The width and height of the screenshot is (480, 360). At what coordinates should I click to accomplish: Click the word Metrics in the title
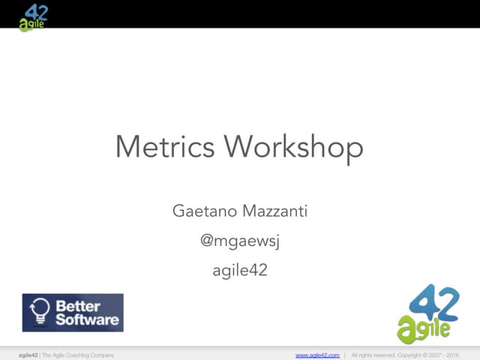pyautogui.click(x=166, y=146)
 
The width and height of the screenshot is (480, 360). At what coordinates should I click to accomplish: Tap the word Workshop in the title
pyautogui.click(x=294, y=146)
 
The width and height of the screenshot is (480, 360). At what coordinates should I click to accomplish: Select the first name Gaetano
pyautogui.click(x=204, y=211)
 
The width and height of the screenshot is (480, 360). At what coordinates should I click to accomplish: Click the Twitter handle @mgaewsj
pyautogui.click(x=239, y=241)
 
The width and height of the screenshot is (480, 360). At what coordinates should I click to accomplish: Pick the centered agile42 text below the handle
pyautogui.click(x=239, y=271)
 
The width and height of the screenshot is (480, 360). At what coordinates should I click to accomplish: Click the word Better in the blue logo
pyautogui.click(x=78, y=306)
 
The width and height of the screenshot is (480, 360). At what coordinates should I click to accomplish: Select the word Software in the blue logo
pyautogui.click(x=87, y=319)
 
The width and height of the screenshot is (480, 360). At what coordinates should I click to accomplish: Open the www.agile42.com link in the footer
pyautogui.click(x=317, y=355)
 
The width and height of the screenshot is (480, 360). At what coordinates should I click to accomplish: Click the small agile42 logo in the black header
pyautogui.click(x=34, y=16)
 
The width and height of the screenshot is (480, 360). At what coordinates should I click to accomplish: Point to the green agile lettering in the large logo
pyautogui.click(x=424, y=328)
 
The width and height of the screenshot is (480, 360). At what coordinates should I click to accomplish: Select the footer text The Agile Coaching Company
pyautogui.click(x=79, y=355)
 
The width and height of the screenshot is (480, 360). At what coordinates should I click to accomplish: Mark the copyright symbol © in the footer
pyautogui.click(x=424, y=355)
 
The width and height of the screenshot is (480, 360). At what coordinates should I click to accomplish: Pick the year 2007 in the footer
pyautogui.click(x=436, y=355)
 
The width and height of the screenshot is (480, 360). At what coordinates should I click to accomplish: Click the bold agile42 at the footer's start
pyautogui.click(x=28, y=355)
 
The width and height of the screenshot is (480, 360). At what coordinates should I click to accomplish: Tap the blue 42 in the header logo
pyautogui.click(x=37, y=11)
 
